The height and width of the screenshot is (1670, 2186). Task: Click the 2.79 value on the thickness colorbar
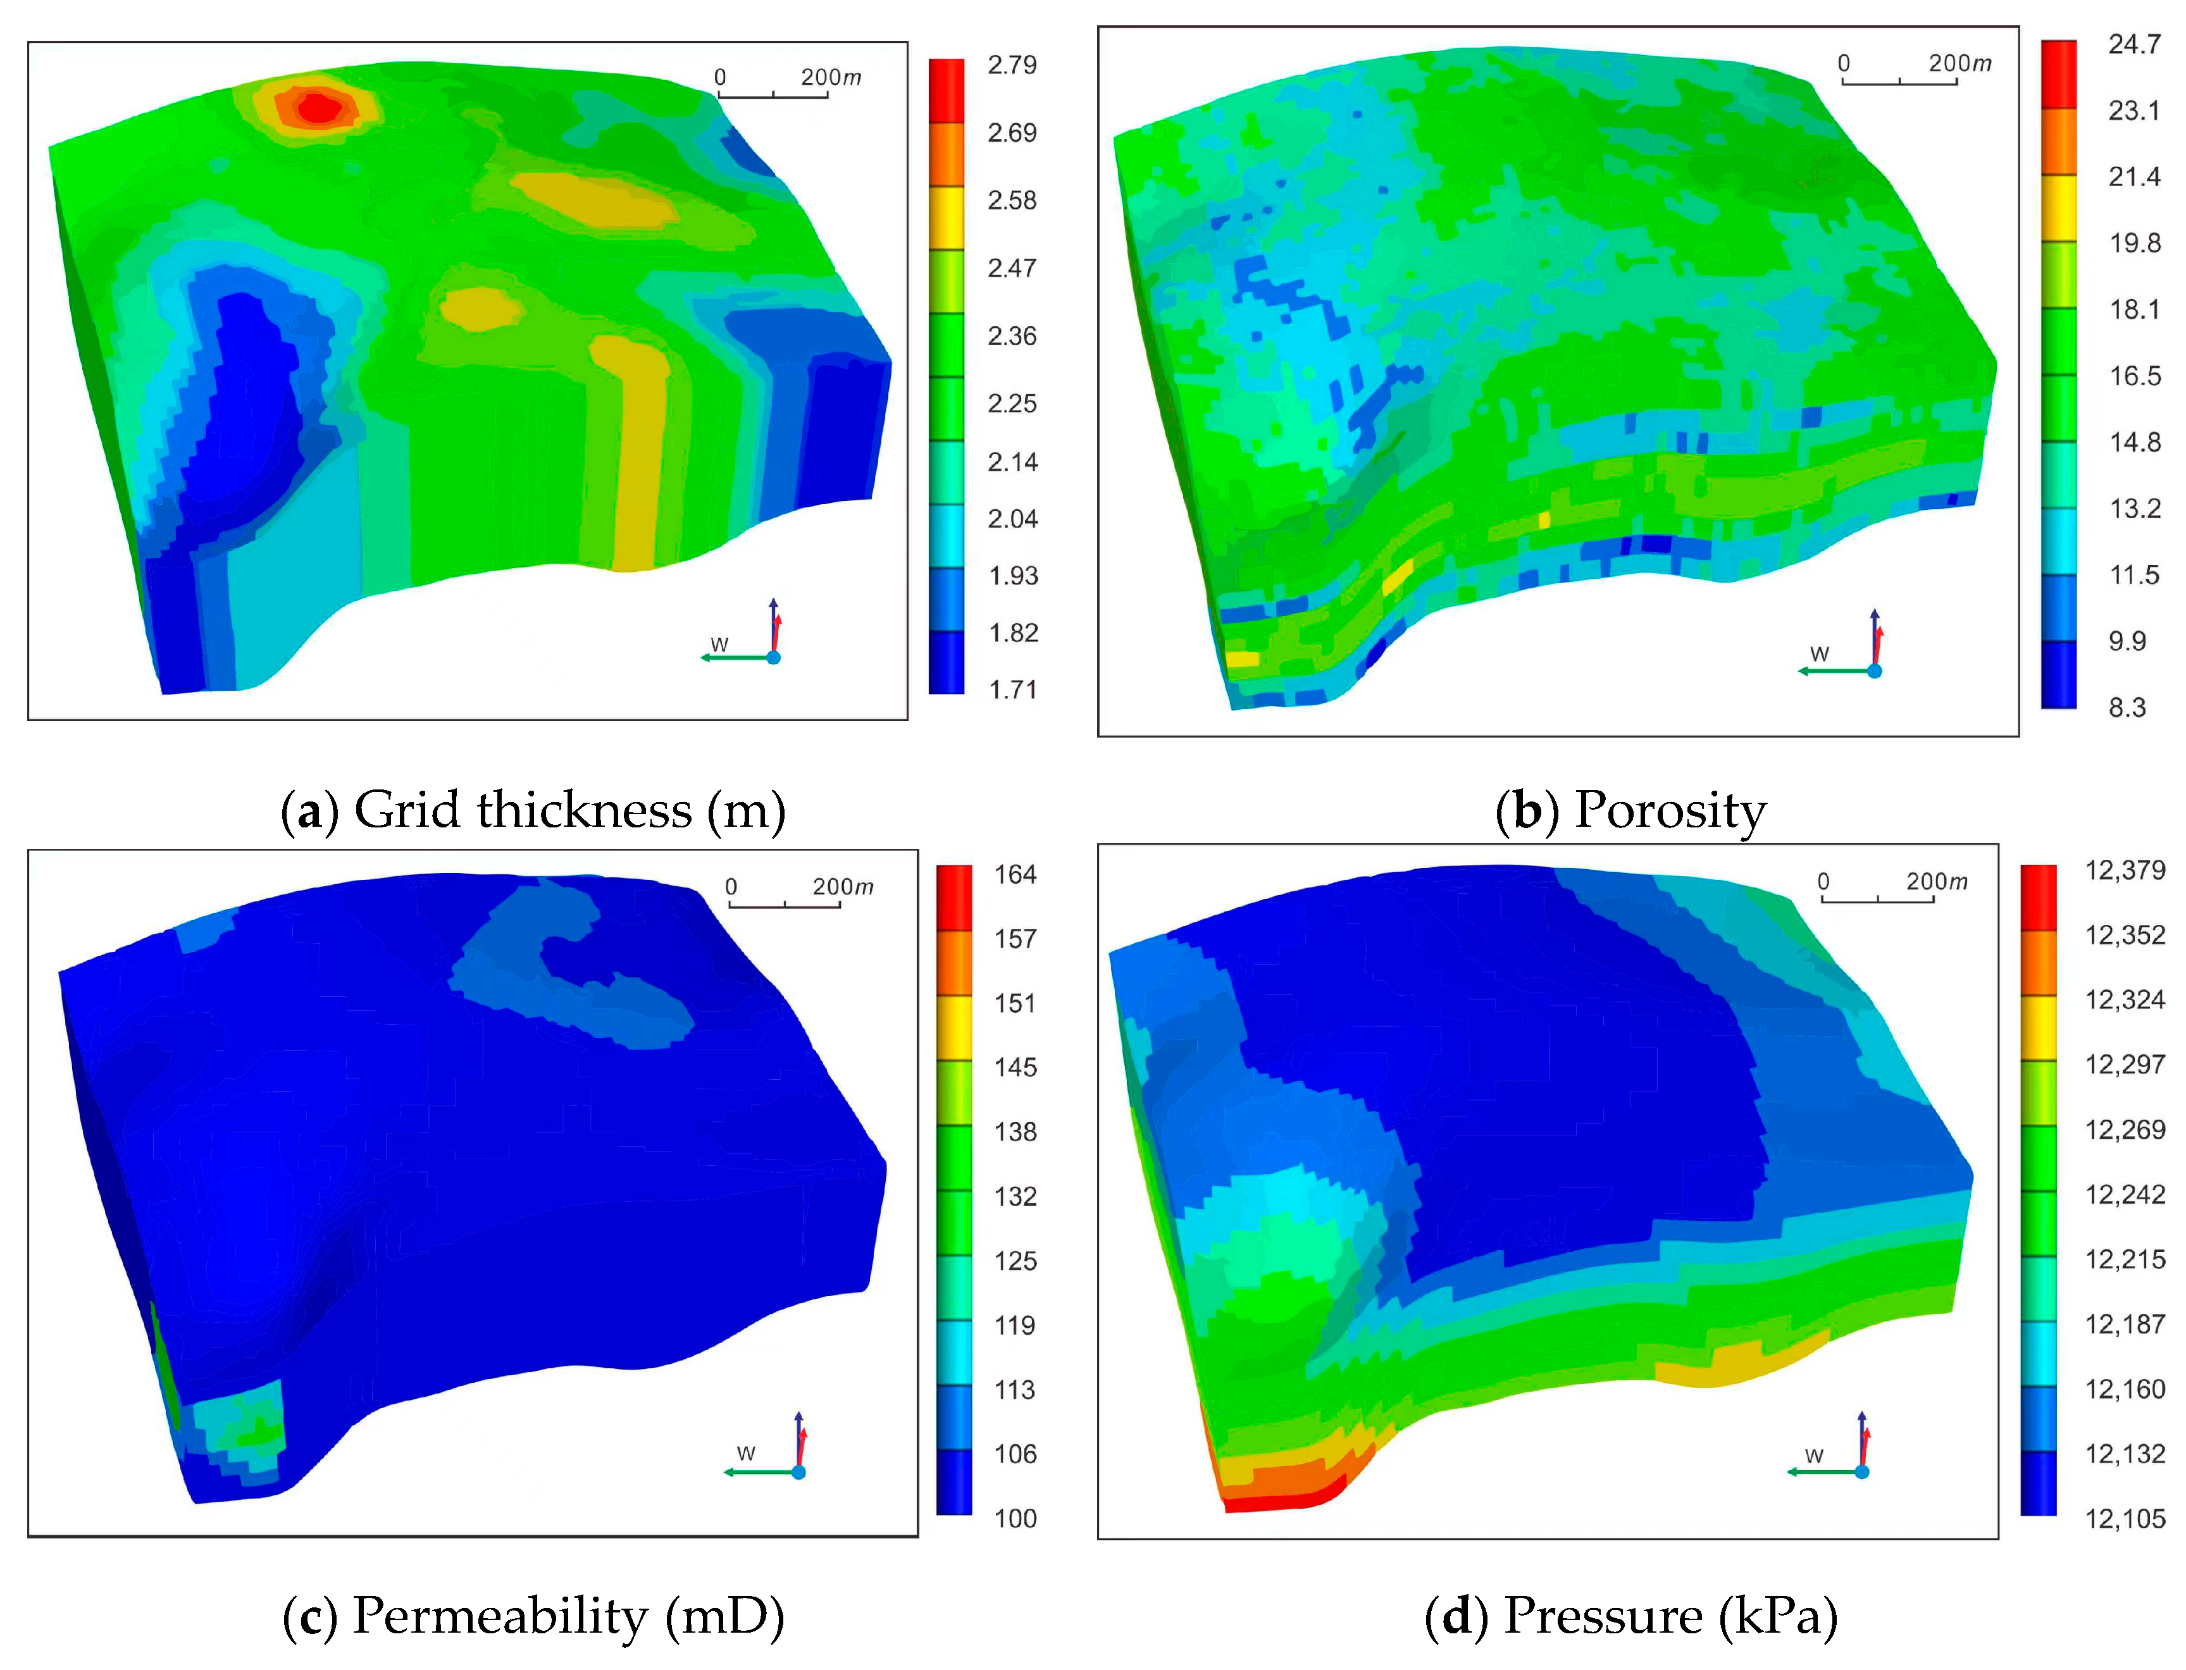(1011, 66)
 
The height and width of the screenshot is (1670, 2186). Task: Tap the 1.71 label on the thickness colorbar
(1012, 690)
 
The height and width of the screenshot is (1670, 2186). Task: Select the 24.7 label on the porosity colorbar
(2133, 45)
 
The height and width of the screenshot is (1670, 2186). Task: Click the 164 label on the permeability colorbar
(1015, 875)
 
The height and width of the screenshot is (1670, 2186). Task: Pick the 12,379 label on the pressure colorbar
(2125, 871)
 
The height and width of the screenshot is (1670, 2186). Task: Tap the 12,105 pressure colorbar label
(2125, 1519)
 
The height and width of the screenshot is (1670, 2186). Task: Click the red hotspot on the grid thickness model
(317, 106)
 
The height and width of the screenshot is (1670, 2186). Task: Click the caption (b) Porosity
(1630, 810)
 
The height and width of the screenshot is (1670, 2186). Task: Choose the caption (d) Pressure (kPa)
(1630, 1616)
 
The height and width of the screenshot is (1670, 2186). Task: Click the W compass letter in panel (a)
(719, 644)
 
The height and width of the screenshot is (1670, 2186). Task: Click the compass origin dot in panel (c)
(798, 1472)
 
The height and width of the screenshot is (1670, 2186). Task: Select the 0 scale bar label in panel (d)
(1822, 882)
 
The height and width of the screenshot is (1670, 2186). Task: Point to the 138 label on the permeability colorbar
(1015, 1132)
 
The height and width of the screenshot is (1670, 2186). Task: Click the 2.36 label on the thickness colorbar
(1011, 336)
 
